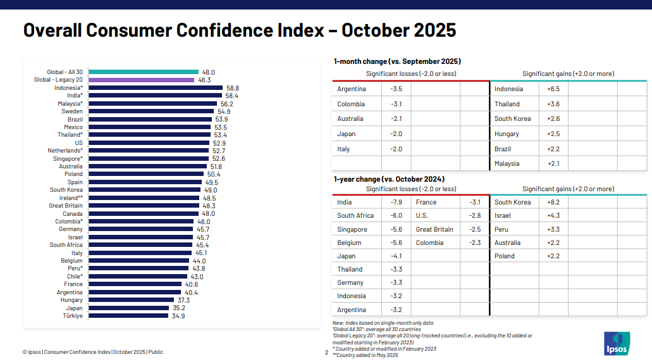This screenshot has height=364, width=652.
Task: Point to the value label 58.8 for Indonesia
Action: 232,88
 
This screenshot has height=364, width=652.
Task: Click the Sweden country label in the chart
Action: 71,111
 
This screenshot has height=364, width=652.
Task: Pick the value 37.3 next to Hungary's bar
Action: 183,300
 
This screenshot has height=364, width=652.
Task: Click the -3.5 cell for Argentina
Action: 397,89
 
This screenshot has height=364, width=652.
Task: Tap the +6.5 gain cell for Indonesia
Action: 553,89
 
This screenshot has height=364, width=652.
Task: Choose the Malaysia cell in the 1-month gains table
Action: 507,163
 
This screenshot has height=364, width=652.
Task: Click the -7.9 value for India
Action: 397,202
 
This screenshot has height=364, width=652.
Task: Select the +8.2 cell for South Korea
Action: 553,202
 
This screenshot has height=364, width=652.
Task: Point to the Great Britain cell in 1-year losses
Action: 434,229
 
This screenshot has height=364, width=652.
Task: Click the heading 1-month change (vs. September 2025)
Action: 397,61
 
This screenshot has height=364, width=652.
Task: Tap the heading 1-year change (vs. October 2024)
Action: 389,179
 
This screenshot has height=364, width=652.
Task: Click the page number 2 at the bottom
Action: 326,353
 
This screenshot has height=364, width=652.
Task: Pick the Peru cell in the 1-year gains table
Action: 501,229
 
